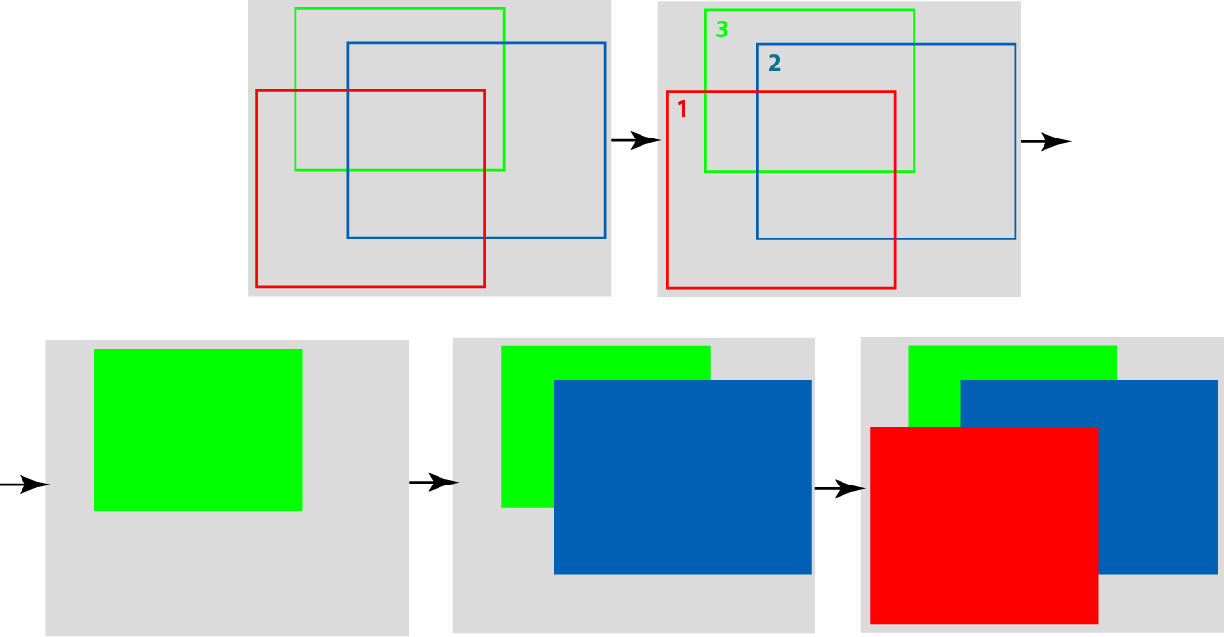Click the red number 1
pos(682,109)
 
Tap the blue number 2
pos(774,63)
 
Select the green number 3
pos(722,29)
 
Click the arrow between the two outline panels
pos(636,140)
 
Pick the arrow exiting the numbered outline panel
pos(1045,141)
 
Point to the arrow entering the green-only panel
pos(25,485)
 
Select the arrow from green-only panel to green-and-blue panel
pos(434,483)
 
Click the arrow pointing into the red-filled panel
pos(841,488)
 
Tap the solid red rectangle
pos(984,525)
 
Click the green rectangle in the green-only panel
pos(198,429)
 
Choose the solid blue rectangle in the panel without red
pos(683,477)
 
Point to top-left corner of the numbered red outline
pos(668,92)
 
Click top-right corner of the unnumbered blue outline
pos(605,43)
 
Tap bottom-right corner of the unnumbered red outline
pos(484,286)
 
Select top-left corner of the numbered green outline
pos(706,10)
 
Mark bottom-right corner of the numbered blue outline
pos(1015,239)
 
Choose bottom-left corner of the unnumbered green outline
pos(295,170)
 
